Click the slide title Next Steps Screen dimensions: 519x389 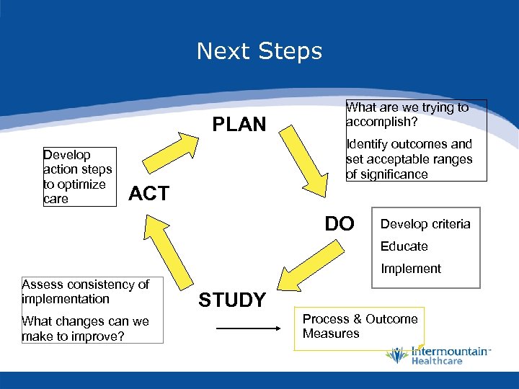(x=259, y=51)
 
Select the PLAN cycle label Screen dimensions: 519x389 (x=239, y=125)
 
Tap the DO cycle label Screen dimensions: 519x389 (x=340, y=224)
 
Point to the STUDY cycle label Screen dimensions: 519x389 (x=232, y=300)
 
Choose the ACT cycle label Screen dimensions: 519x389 (x=148, y=193)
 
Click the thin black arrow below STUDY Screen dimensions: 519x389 (x=248, y=328)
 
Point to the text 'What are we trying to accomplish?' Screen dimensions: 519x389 (x=407, y=114)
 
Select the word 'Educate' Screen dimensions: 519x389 (x=404, y=246)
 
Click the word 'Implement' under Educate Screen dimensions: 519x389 (x=410, y=269)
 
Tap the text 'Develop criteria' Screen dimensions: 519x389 (x=425, y=224)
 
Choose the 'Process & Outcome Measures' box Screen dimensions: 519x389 (x=360, y=326)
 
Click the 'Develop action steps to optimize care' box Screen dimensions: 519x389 (x=78, y=176)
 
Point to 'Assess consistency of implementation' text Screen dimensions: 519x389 (x=85, y=291)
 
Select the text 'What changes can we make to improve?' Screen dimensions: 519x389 (x=85, y=328)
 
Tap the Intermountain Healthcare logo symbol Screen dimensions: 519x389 (x=396, y=354)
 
